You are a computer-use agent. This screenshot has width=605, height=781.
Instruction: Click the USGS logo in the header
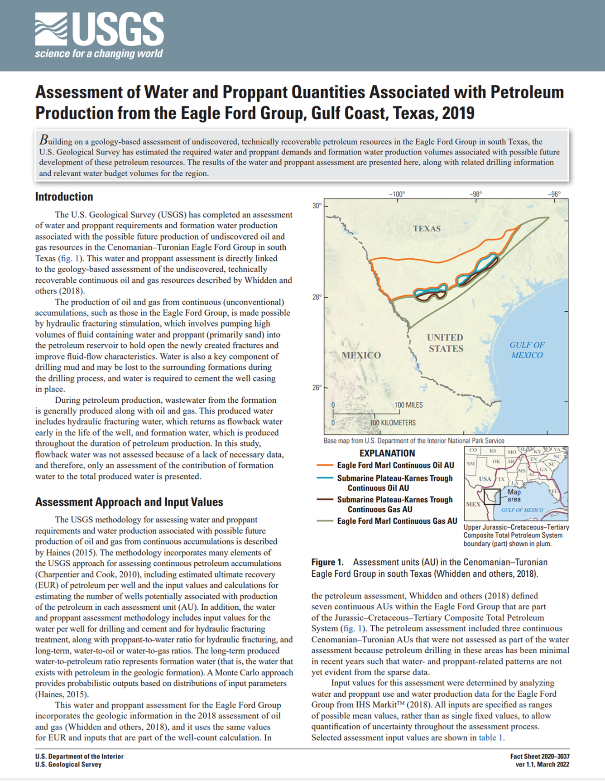point(99,35)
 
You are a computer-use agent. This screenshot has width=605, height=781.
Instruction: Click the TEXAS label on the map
point(426,228)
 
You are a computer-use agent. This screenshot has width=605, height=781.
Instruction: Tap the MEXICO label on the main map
point(361,355)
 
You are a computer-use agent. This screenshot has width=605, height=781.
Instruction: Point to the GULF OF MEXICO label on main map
point(527,350)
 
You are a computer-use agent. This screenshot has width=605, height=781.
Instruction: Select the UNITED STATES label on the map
point(445,343)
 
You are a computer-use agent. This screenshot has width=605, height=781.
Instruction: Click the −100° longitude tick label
point(397,194)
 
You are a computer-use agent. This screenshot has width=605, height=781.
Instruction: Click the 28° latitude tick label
point(317,297)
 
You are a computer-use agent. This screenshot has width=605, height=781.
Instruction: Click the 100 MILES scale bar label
point(408,405)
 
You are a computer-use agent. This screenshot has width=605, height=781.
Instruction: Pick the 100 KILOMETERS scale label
point(393,423)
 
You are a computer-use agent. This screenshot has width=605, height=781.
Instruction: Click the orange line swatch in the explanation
point(325,465)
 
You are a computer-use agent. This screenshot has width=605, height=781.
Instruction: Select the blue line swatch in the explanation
point(325,478)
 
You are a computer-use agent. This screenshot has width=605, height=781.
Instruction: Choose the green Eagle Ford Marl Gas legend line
point(325,521)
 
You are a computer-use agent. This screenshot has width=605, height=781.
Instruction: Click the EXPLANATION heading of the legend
point(387,453)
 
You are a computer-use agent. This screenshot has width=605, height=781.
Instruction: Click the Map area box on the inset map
point(492,497)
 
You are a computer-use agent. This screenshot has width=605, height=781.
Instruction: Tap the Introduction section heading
point(64,197)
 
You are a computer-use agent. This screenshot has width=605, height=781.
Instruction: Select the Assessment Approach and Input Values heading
point(129,502)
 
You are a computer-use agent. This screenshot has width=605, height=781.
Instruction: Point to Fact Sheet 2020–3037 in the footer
point(539,757)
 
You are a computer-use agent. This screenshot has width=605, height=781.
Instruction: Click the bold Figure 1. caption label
point(327,562)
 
